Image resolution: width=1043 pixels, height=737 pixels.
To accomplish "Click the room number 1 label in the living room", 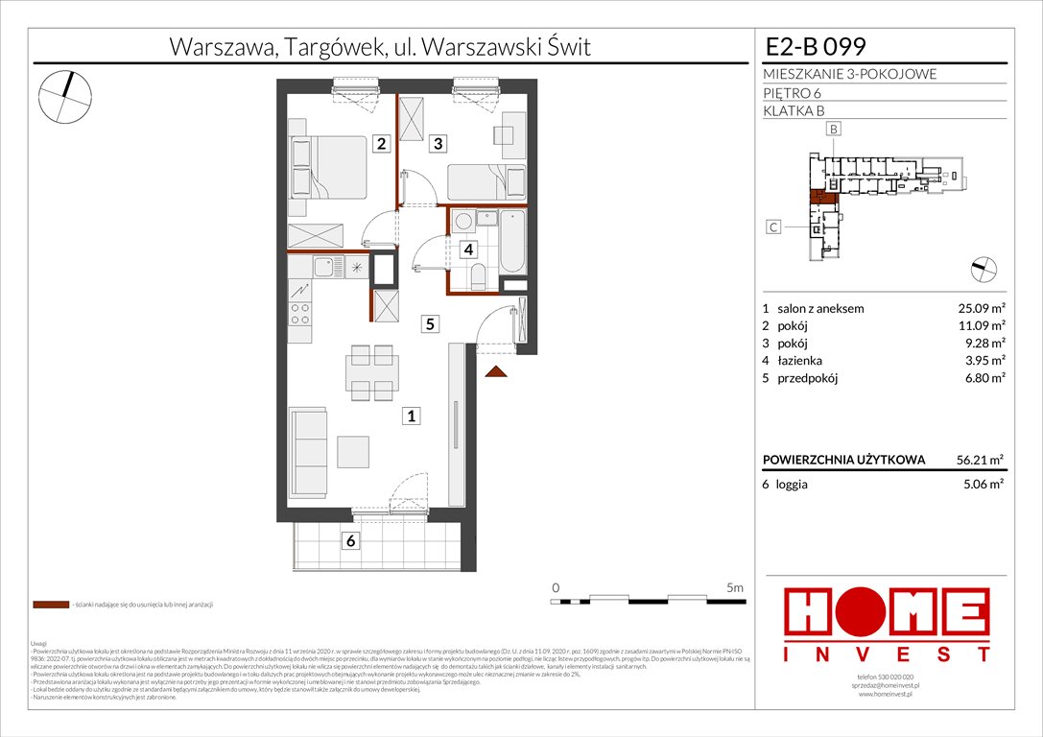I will point(411,416).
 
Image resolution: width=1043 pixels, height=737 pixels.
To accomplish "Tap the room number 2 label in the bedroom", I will point(381,144).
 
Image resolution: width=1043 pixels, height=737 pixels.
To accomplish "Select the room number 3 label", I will point(438,144).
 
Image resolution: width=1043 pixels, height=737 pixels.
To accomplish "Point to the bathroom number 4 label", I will point(467,250).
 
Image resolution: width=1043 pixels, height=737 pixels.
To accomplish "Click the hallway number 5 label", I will point(432,324).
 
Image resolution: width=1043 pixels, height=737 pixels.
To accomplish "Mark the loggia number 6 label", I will point(351,541).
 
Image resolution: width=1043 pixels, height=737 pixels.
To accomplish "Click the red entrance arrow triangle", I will point(496,371).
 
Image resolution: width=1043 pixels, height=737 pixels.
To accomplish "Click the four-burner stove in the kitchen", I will point(300,313).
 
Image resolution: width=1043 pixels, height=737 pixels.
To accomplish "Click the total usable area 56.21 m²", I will point(979,460).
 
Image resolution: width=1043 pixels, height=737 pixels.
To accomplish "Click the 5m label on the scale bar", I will point(734,586).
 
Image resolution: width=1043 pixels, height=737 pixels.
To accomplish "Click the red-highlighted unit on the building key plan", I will point(821,199).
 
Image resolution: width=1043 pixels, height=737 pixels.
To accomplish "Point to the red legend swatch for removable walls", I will point(50,606).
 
